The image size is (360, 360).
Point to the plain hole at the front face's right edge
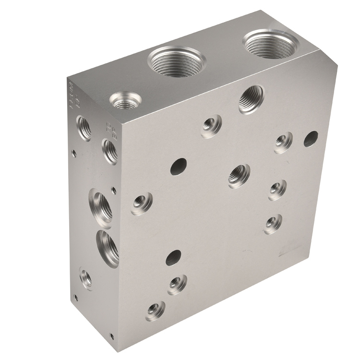(311, 138)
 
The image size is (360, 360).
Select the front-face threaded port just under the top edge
(252, 98)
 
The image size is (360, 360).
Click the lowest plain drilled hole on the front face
(173, 258)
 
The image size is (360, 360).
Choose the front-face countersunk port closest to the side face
(142, 204)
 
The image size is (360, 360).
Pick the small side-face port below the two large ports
(86, 279)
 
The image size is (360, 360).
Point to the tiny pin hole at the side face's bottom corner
(112, 336)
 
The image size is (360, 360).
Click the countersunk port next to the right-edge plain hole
(283, 143)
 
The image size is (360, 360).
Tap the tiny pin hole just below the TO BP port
(114, 191)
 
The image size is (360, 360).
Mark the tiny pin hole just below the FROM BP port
(73, 154)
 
